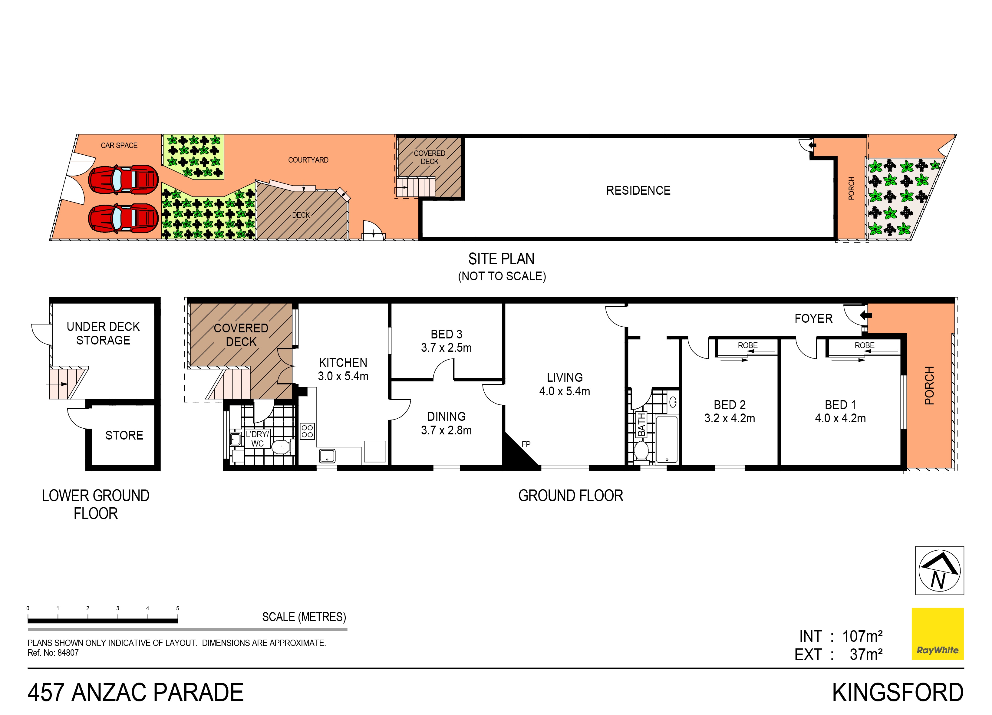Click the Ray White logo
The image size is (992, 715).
point(937,633)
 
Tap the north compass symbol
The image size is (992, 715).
point(940,570)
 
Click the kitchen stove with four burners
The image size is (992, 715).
point(307,431)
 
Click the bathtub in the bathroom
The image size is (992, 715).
point(667,439)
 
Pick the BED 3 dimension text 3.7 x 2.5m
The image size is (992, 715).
point(446,348)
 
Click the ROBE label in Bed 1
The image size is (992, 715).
point(864,345)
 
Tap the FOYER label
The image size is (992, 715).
point(813,318)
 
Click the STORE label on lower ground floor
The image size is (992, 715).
point(124,435)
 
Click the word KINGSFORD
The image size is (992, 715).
point(898,693)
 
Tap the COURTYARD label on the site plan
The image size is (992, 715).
point(308,160)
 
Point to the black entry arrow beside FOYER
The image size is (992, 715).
point(865,315)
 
